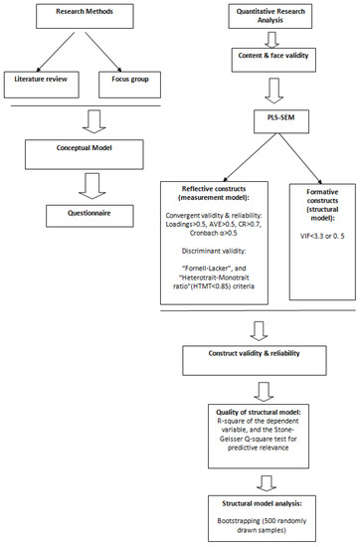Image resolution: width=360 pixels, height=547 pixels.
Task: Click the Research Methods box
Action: click(x=84, y=17)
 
